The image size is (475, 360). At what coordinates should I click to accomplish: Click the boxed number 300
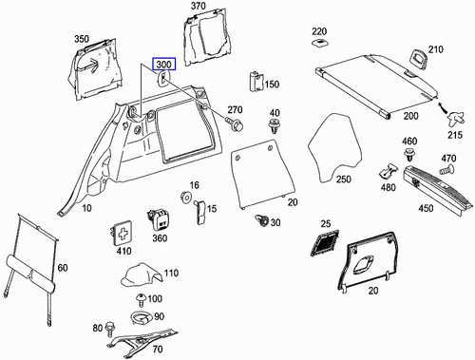163,66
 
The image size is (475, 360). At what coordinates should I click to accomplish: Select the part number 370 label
197,7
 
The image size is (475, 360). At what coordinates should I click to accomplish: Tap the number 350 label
83,40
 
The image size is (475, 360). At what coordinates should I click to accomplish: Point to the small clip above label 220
319,45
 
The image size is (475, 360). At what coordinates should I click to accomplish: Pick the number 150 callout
273,85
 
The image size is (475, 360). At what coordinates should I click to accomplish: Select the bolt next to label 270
237,123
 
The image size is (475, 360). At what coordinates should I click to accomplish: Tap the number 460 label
409,142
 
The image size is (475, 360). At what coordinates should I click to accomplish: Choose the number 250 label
343,179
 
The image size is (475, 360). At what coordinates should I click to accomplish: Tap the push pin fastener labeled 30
260,222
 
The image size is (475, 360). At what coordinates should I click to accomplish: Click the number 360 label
160,238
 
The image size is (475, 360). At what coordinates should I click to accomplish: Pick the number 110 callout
171,274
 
